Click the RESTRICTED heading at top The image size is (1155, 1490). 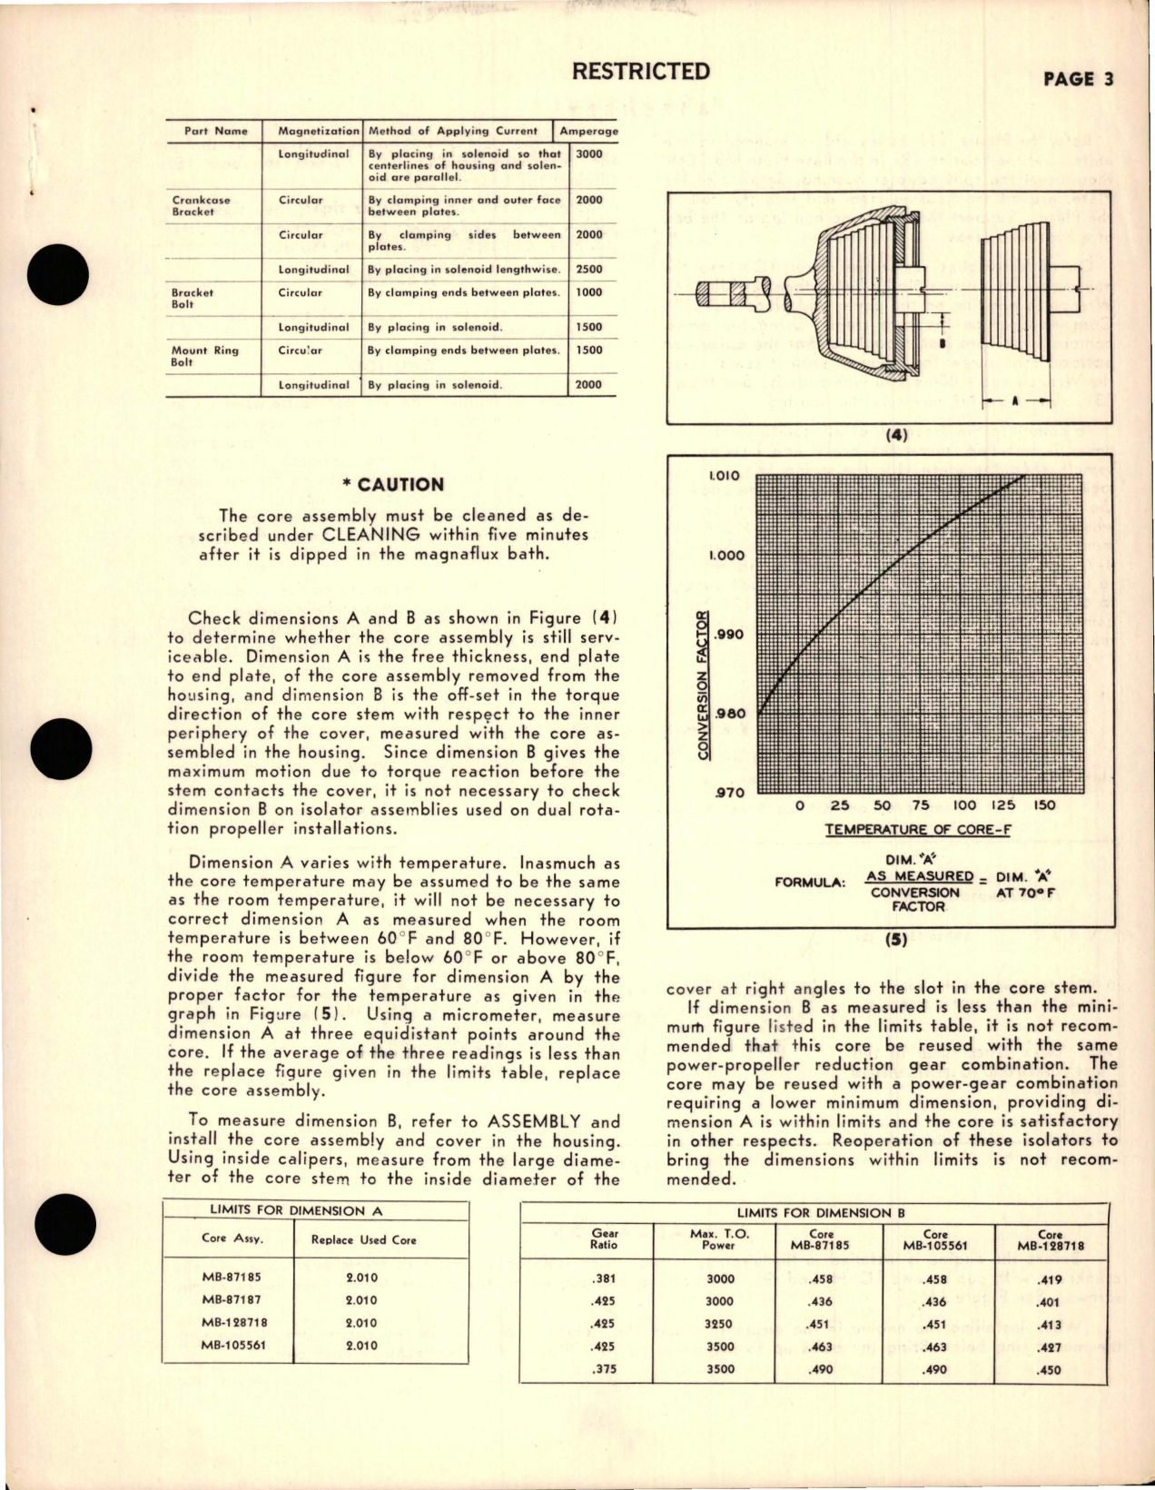[642, 71]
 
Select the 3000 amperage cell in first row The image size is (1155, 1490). [588, 154]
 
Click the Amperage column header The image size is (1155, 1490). [587, 131]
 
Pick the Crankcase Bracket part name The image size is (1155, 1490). [201, 205]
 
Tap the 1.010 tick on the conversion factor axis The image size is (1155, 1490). [724, 476]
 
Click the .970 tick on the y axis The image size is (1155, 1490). [728, 793]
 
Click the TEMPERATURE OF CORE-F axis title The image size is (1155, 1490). [918, 829]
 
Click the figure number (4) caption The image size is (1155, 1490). [896, 435]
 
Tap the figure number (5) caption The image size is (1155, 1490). [896, 941]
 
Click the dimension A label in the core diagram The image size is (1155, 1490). [1015, 400]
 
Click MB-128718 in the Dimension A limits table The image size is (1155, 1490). [235, 1323]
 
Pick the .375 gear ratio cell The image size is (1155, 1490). [604, 1368]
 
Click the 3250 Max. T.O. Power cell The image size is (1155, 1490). [719, 1324]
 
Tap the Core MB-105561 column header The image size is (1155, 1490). [936, 1240]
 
